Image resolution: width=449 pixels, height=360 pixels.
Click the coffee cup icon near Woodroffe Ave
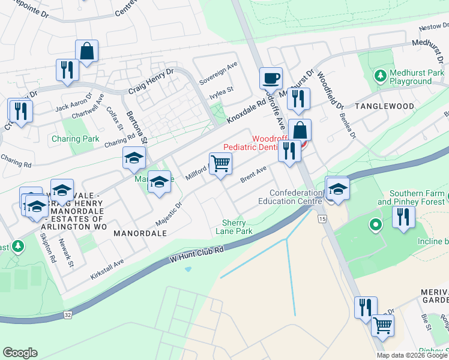point(271,79)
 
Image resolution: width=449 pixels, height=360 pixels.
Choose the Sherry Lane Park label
point(234,226)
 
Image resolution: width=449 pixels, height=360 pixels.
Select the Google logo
point(20,352)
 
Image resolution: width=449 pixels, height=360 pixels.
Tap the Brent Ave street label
point(253,175)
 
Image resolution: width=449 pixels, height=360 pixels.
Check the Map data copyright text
point(412,355)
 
